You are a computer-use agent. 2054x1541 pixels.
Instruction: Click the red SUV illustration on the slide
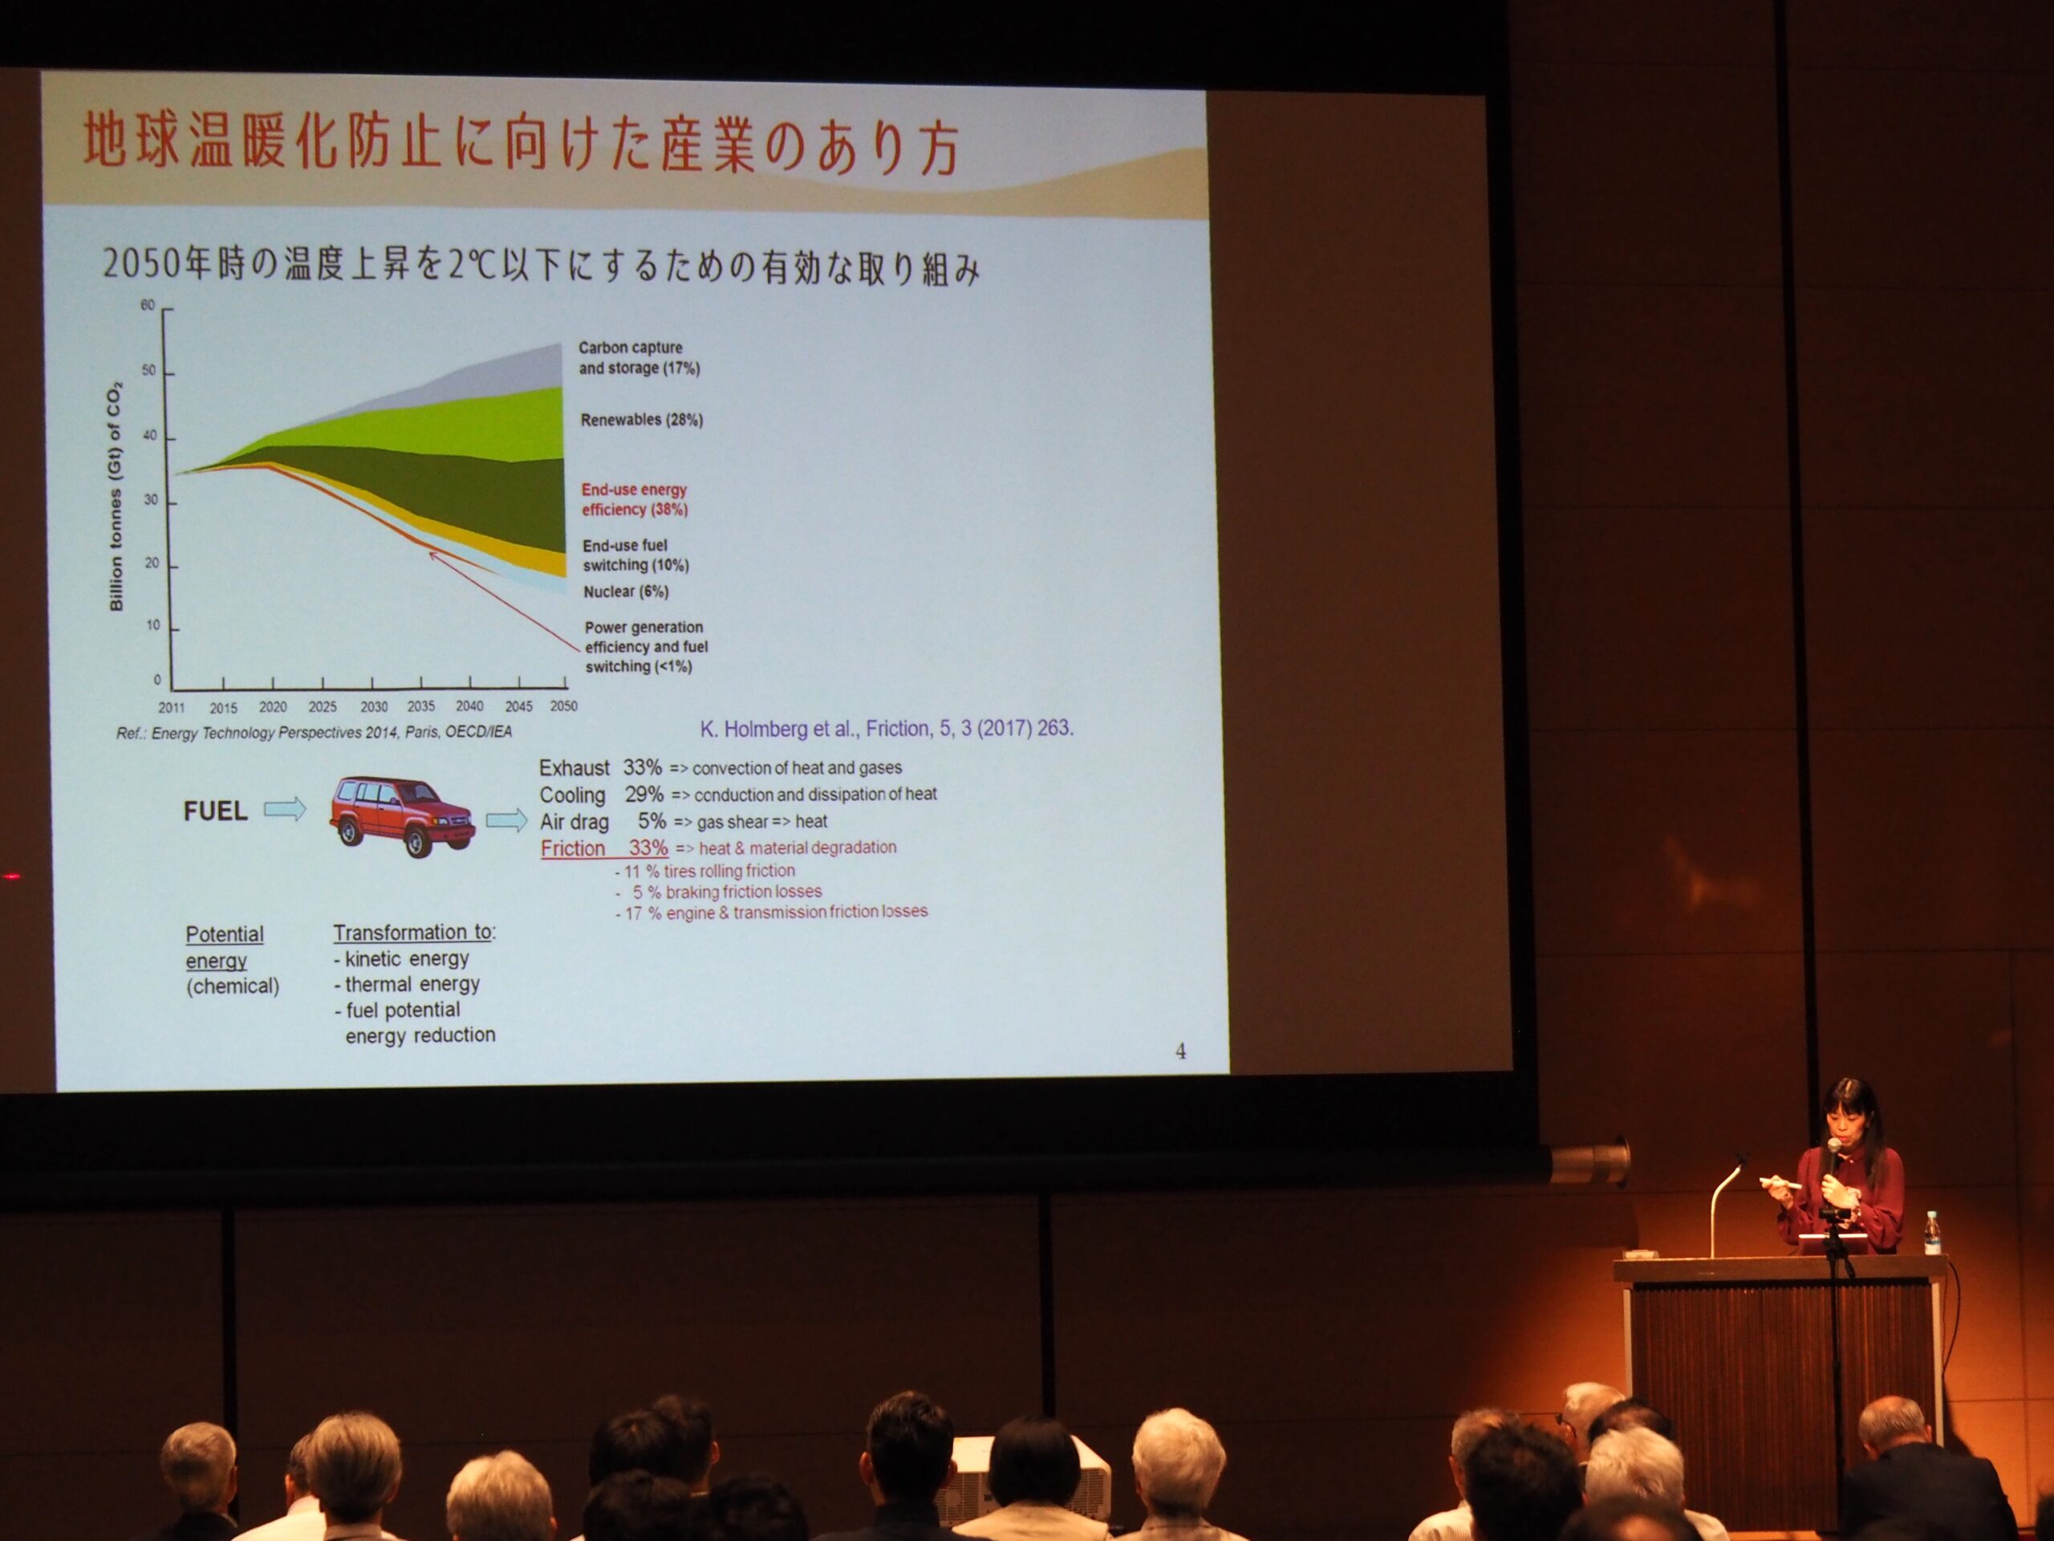point(402,816)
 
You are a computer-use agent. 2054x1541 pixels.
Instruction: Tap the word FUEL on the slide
point(215,811)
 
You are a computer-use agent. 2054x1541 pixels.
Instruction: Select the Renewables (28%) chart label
point(642,420)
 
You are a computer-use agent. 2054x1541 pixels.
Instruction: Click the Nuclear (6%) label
point(626,592)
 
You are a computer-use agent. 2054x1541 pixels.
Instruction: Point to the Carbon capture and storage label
point(639,358)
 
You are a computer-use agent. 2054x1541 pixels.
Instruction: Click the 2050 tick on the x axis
point(563,706)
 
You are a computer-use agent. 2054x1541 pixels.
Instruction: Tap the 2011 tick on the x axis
point(172,708)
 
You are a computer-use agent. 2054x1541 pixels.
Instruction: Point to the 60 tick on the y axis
point(148,306)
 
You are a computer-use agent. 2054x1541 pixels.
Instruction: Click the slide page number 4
point(1180,1051)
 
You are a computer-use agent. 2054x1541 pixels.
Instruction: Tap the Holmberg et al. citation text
point(887,729)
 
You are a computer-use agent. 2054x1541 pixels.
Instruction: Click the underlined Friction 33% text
point(604,848)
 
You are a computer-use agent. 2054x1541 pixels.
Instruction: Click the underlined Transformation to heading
point(414,933)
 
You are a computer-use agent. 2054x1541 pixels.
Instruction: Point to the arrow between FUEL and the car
point(285,810)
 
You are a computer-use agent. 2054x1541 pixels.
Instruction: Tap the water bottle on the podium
point(1932,1233)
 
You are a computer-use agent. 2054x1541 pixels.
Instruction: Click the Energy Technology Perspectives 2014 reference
point(314,733)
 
